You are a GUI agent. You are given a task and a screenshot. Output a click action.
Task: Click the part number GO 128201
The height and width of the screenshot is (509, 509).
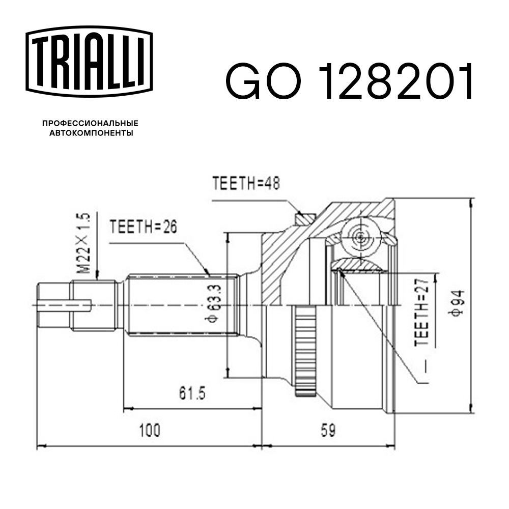tap(350, 81)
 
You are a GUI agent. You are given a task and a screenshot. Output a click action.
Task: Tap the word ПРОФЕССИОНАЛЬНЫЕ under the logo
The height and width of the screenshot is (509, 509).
tap(90, 123)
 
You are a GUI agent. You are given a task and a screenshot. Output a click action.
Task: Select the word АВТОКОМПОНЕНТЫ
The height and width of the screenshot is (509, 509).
tap(91, 133)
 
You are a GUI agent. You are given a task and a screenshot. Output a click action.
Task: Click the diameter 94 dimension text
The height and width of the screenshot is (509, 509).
tap(455, 304)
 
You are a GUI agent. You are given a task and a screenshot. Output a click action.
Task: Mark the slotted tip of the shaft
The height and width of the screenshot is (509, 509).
tap(53, 305)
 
